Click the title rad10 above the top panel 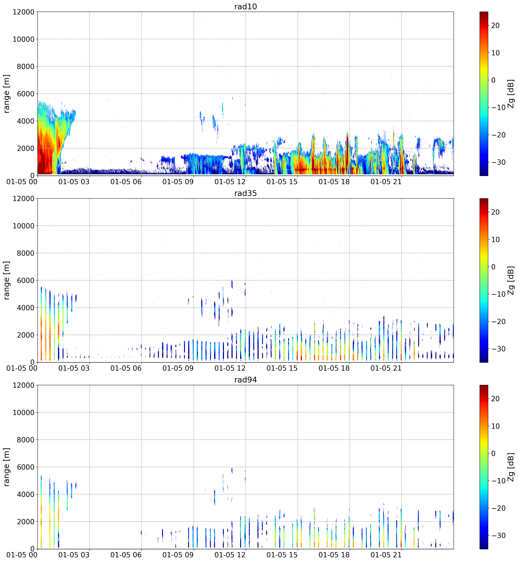[246, 6]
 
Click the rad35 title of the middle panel [246, 193]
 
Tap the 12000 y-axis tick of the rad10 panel [24, 12]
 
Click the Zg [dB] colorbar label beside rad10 [511, 94]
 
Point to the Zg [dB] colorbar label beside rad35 [511, 280]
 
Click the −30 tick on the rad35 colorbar [497, 349]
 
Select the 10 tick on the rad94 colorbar [495, 426]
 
